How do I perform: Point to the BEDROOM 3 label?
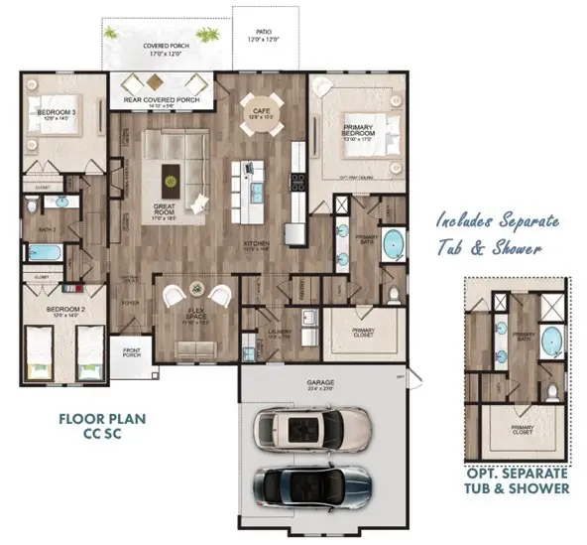pos(56,114)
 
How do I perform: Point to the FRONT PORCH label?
pos(131,350)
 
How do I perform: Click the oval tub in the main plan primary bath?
pos(394,241)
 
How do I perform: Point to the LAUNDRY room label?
pos(278,334)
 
